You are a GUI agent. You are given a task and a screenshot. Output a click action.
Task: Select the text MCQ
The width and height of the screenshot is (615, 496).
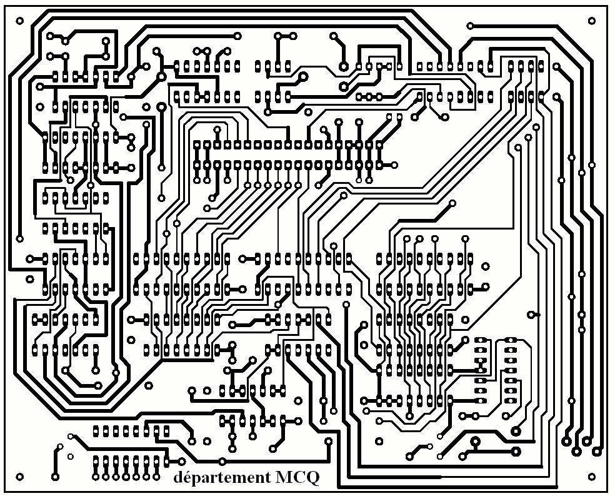tap(297, 478)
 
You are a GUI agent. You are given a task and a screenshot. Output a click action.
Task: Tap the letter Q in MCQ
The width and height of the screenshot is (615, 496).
tap(311, 479)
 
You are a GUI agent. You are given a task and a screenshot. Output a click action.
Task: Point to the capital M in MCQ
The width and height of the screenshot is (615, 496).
tap(283, 478)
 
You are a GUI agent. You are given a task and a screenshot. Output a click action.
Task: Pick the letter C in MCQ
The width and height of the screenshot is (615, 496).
tap(297, 478)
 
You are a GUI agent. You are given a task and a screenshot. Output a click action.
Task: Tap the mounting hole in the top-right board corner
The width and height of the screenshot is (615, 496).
tap(591, 20)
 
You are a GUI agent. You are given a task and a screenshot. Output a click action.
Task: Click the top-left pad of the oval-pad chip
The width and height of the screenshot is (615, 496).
tap(481, 340)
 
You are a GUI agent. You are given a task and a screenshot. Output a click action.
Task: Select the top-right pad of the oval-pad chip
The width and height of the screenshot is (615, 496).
tap(511, 340)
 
